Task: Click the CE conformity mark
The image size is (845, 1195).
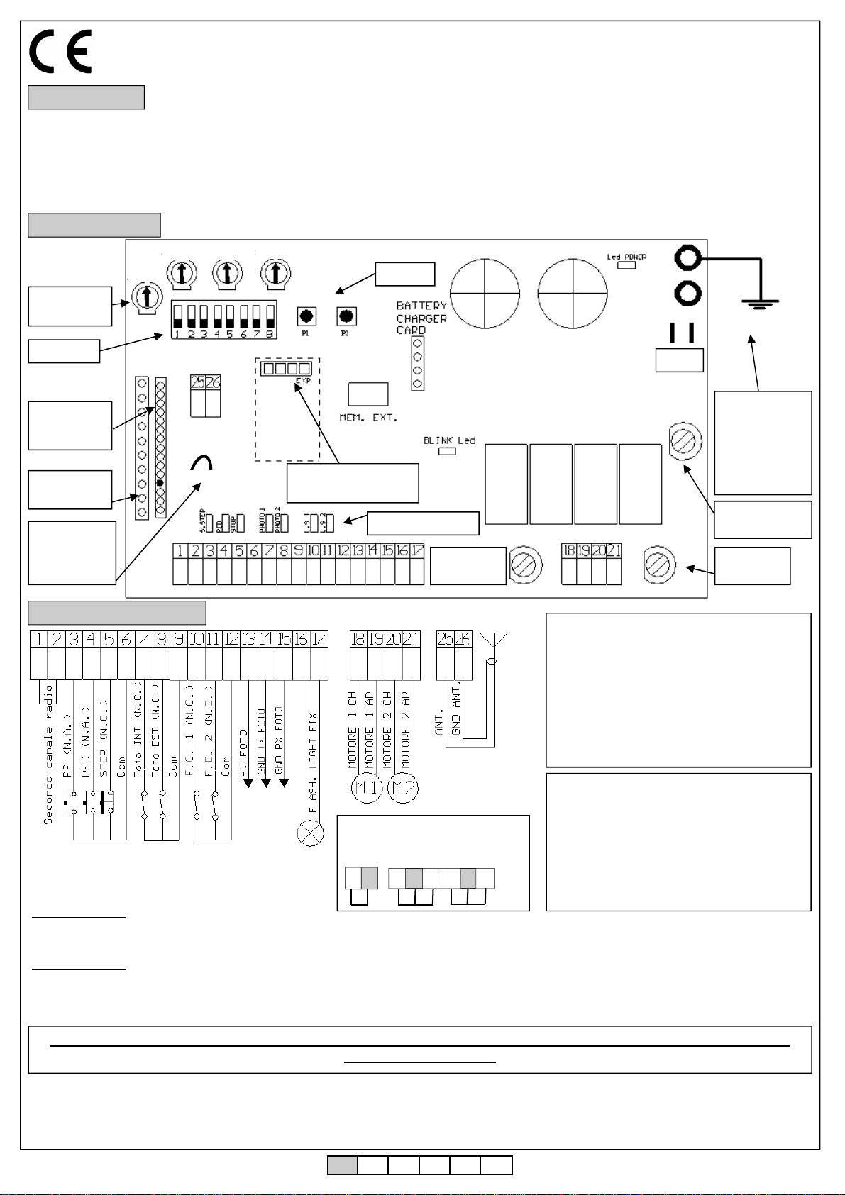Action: [x=60, y=51]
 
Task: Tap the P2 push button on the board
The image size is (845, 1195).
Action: [x=346, y=316]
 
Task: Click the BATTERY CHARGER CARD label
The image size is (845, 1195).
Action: [x=421, y=318]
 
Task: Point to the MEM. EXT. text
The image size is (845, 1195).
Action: [x=368, y=418]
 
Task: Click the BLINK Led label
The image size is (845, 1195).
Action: [x=449, y=440]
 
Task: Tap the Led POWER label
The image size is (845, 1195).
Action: [x=626, y=257]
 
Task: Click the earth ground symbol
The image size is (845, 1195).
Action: [x=760, y=304]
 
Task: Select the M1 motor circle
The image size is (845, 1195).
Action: [x=367, y=788]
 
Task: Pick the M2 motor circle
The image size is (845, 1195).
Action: [x=403, y=788]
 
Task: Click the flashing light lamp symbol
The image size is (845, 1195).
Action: [x=310, y=833]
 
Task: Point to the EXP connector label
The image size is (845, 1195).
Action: [x=304, y=381]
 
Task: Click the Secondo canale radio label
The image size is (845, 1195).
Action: [x=48, y=773]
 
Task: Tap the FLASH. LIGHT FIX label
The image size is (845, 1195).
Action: [x=313, y=762]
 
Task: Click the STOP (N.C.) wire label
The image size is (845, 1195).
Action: [x=104, y=738]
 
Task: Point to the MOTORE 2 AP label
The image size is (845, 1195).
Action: [x=404, y=730]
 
